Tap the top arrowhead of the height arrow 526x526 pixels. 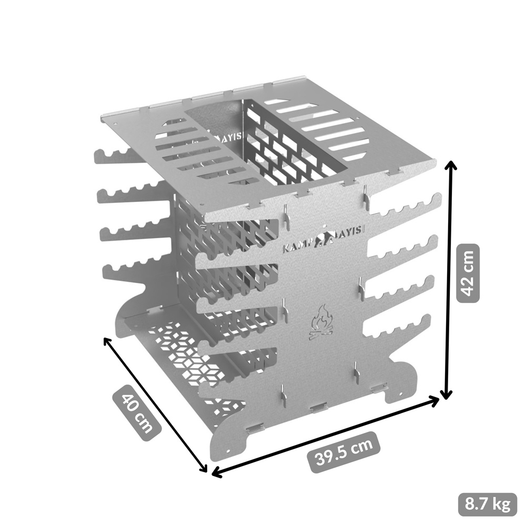click(450, 164)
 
